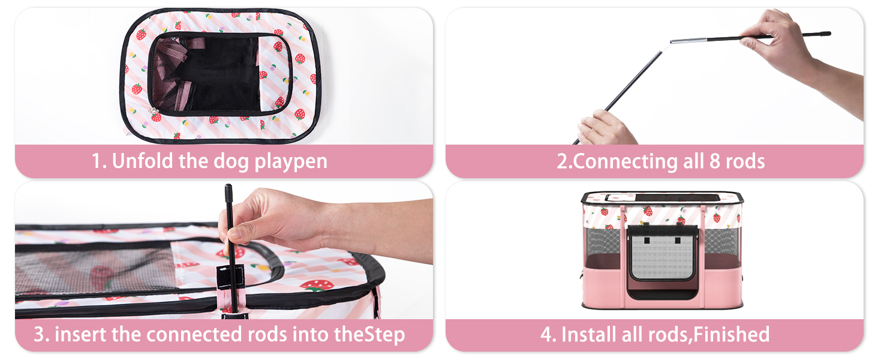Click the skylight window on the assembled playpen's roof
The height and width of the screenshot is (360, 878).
tap(662, 197)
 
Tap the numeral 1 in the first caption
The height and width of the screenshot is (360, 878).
tap(96, 162)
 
